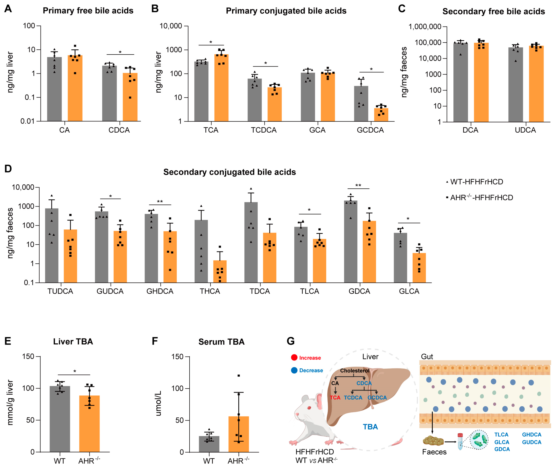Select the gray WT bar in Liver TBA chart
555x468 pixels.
click(x=60, y=419)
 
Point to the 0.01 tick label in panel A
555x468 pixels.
click(x=27, y=121)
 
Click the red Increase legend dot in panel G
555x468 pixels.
click(x=294, y=357)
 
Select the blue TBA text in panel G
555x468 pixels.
click(x=370, y=427)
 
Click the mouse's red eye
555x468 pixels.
click(x=309, y=408)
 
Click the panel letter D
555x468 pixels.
click(x=8, y=169)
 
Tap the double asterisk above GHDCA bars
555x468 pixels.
click(x=160, y=202)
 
